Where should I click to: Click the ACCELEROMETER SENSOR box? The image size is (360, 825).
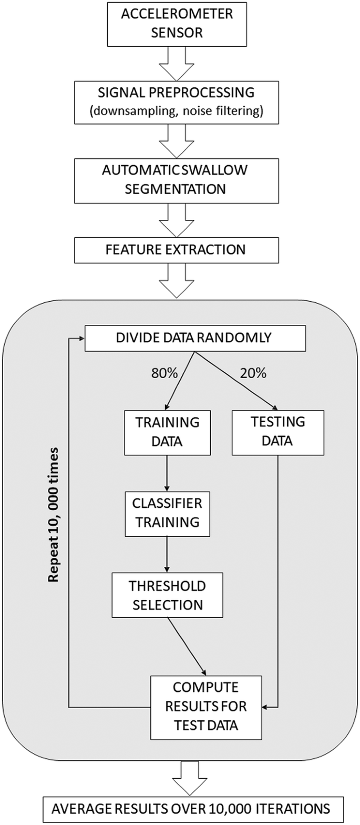177,24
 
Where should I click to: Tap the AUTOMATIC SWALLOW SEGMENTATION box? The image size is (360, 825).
177,180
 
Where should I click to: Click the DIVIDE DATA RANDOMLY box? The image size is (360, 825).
194,338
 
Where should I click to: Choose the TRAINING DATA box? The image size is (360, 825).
167,431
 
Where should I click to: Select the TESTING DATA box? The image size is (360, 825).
277,431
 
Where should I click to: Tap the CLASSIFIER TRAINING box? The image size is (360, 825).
167,513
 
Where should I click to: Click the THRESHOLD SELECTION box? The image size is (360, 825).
167,595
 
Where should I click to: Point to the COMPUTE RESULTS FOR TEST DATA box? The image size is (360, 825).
205,706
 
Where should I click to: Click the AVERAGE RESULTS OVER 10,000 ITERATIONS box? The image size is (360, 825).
190,808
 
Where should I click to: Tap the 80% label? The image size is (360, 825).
164,373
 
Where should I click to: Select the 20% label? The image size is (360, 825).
253,373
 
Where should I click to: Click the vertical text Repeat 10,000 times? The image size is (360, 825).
53,514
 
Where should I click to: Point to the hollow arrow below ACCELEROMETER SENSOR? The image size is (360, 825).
177,62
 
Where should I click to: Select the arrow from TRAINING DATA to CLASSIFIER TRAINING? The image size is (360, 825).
167,473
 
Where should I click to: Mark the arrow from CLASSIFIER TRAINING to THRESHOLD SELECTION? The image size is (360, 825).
167,554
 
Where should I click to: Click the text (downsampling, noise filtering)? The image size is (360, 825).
177,112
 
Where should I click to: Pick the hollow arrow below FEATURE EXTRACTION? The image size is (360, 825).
177,280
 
